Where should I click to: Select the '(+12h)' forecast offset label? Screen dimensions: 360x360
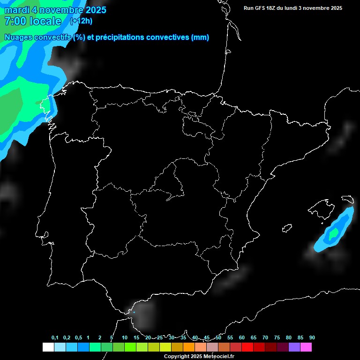[81, 21]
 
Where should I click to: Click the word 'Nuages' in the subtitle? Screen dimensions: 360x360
[19, 37]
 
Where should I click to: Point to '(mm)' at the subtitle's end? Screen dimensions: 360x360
[200, 37]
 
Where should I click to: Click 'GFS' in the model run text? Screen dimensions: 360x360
[261, 8]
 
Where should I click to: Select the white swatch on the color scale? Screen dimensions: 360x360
[48, 347]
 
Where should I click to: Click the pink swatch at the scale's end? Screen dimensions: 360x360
[306, 347]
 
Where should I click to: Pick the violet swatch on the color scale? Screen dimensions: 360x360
[294, 347]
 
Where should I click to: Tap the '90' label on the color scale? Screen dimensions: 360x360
[312, 338]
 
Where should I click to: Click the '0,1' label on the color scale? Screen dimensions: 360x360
[55, 338]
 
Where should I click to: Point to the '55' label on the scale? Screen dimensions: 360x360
[230, 338]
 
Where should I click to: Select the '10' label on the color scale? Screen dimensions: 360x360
[125, 338]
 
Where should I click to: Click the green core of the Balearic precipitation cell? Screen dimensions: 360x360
[333, 233]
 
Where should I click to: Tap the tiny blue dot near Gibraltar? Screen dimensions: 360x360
[134, 312]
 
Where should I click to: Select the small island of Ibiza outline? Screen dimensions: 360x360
[286, 228]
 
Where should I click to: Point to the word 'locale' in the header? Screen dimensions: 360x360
[45, 21]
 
